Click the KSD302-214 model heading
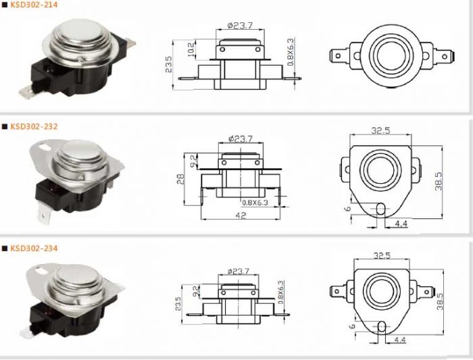click(34, 4)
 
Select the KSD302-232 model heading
click(34, 126)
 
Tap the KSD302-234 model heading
click(34, 249)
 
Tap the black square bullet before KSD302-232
click(4, 126)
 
